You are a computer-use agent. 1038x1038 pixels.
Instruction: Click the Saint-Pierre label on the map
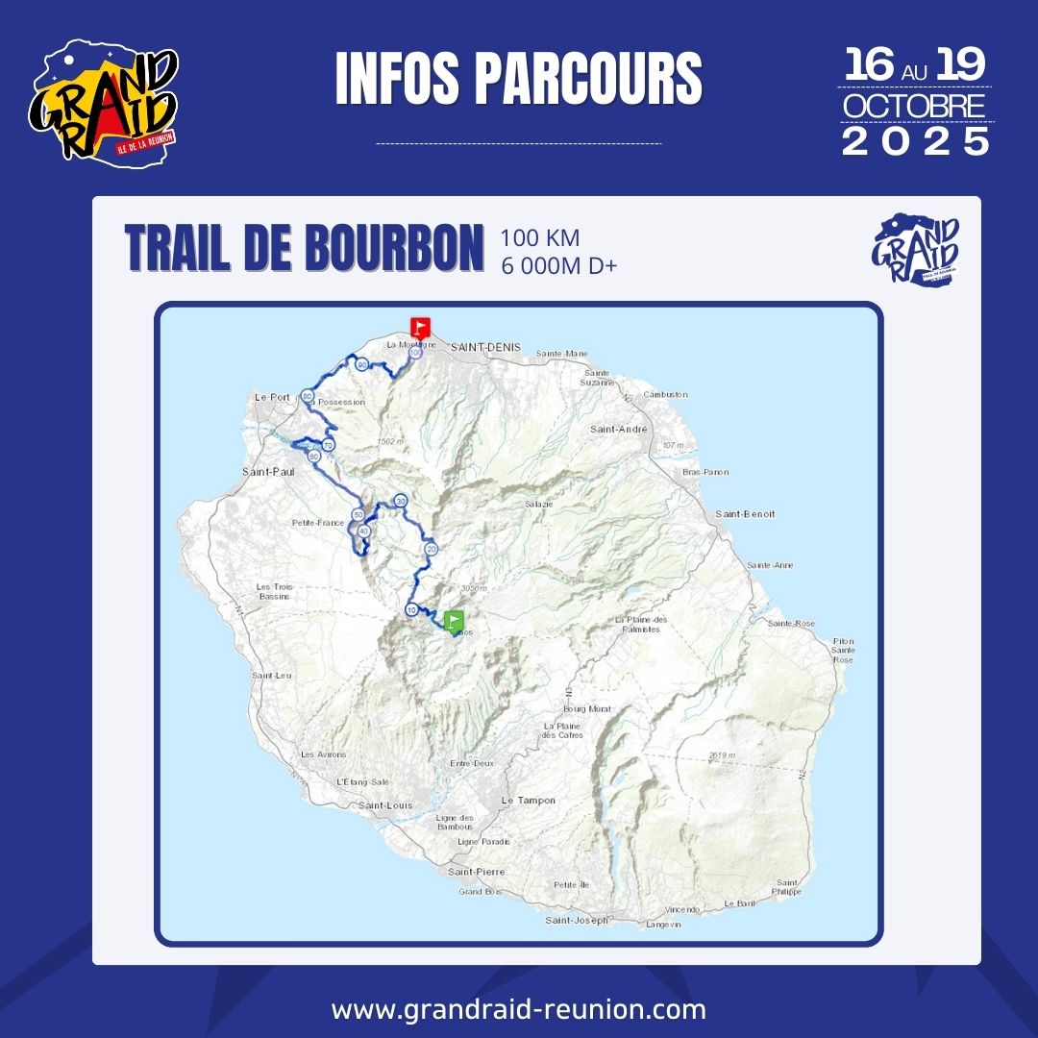pos(476,872)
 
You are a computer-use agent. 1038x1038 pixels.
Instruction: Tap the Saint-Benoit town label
pos(745,514)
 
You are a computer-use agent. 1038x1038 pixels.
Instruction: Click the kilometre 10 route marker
pos(411,609)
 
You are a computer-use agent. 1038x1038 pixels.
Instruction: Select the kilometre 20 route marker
pos(432,549)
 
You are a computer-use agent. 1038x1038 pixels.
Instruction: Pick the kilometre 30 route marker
pos(401,501)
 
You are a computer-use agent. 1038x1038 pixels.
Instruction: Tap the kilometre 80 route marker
pos(308,396)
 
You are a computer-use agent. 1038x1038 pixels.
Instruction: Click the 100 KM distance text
pos(540,238)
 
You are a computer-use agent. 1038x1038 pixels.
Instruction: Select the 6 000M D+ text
pos(558,266)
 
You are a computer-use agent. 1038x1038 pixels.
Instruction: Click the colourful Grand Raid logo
pos(104,100)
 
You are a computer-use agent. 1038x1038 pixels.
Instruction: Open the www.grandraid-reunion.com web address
pos(519,1010)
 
